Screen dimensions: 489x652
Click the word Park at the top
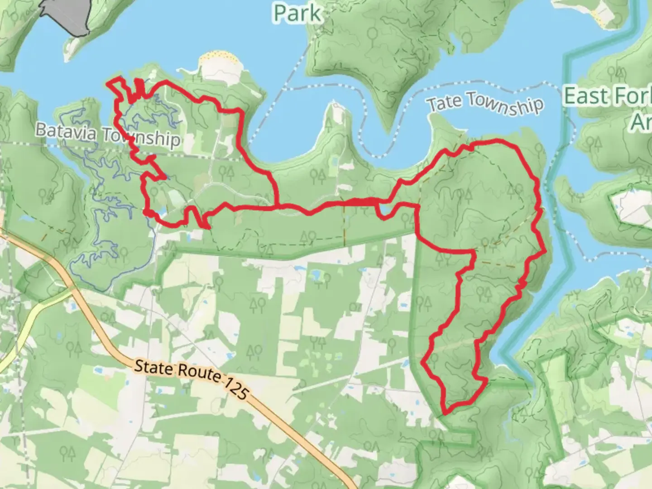(297, 14)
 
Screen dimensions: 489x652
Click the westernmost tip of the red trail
(108, 83)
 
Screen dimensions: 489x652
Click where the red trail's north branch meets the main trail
(276, 206)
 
